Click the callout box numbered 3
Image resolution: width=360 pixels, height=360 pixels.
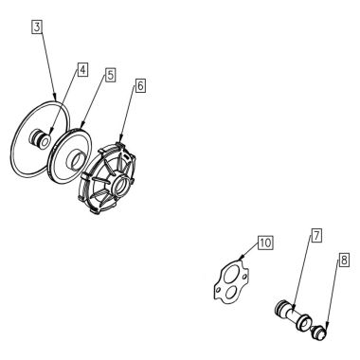tap(37, 28)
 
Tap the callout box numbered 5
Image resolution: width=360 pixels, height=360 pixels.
tap(111, 73)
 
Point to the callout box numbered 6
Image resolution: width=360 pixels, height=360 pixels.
tap(140, 84)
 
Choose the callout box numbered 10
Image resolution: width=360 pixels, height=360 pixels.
tap(265, 243)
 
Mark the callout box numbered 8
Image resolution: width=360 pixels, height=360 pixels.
tap(343, 256)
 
